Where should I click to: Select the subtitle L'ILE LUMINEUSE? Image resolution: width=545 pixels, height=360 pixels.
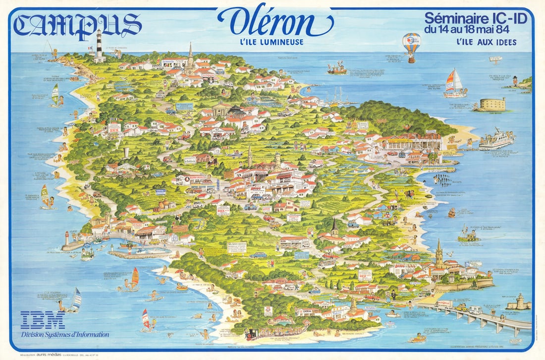[x=272, y=42]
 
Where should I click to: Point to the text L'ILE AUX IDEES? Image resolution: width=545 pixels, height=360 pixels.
[x=486, y=43]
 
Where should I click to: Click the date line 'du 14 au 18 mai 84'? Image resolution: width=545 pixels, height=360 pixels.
[x=476, y=30]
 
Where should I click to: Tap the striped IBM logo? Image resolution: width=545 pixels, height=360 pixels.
[x=43, y=320]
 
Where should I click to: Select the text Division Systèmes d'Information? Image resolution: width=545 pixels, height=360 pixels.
[x=65, y=335]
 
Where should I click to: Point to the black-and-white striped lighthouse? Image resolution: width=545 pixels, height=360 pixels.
[x=100, y=45]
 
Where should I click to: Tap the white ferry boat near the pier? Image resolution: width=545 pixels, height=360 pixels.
[x=496, y=139]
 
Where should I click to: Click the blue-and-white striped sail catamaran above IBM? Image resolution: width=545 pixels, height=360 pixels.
[x=74, y=300]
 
